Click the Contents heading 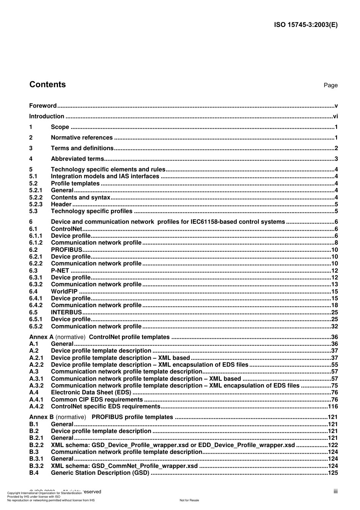point(47,85)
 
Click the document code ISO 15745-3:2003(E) point(305,25)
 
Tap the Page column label point(330,85)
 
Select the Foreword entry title point(43,106)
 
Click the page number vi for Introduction point(335,116)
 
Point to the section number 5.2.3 point(36,204)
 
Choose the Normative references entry point(81,138)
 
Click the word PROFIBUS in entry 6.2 point(66,250)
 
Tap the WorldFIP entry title point(64,292)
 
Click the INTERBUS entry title point(66,312)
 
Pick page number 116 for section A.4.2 point(333,406)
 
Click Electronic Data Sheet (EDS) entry point(91,392)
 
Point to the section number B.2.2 point(36,445)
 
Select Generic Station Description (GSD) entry point(100,473)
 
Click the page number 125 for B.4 point(333,473)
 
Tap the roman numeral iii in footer point(335,491)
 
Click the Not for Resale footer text point(189,500)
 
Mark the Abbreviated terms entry point(77,159)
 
